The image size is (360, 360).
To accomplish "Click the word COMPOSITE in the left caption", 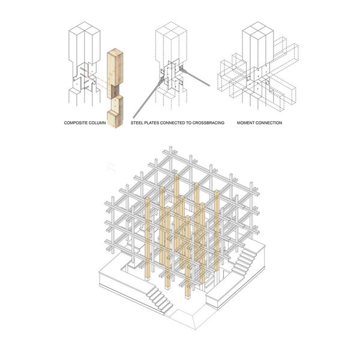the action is tap(76, 123).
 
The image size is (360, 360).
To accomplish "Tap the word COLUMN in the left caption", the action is tap(97, 123).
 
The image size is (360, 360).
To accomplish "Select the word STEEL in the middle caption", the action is tap(137, 123).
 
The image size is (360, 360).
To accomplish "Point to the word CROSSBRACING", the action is tap(208, 123).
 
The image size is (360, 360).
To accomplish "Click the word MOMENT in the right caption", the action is tap(245, 123).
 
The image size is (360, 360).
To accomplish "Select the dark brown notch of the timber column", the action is tap(114, 92).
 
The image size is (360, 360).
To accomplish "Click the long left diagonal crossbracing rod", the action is tap(148, 98).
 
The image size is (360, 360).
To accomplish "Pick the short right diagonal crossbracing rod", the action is tap(196, 78).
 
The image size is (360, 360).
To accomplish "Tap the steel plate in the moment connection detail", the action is tap(257, 78).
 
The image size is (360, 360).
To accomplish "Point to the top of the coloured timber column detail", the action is tap(115, 52).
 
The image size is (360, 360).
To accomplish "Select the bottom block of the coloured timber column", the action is tap(115, 118).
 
